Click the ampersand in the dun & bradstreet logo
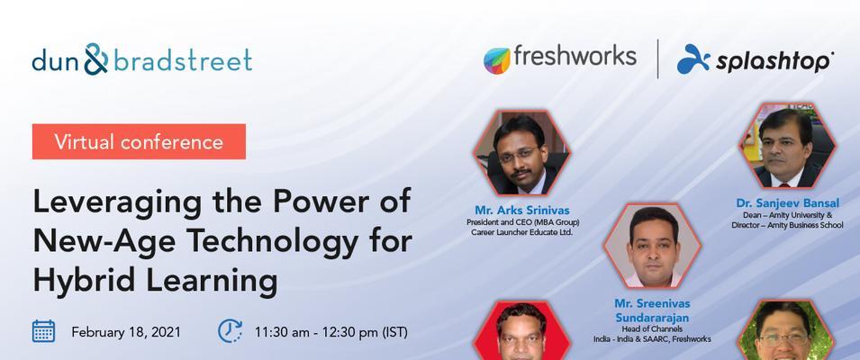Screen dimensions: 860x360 (x=96, y=58)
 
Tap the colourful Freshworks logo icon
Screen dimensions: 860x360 (x=497, y=60)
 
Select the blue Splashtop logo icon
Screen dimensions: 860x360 (x=693, y=58)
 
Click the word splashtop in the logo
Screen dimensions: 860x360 (x=774, y=61)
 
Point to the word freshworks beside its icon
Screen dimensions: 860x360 (x=575, y=56)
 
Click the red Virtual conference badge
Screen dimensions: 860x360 (x=139, y=141)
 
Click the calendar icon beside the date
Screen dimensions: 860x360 (x=43, y=331)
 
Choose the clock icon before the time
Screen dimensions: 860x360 (x=230, y=331)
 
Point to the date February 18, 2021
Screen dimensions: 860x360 (x=125, y=332)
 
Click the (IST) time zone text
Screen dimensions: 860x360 (x=395, y=333)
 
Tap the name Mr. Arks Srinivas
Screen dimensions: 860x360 (x=522, y=211)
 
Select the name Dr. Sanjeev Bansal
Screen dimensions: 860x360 (x=788, y=203)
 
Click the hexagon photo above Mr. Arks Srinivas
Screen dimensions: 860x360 (x=521, y=153)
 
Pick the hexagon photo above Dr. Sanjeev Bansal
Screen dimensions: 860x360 (x=788, y=146)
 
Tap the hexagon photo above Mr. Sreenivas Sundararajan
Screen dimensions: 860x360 (x=652, y=246)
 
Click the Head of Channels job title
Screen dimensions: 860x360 (x=652, y=329)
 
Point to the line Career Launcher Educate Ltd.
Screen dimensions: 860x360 (x=521, y=232)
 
